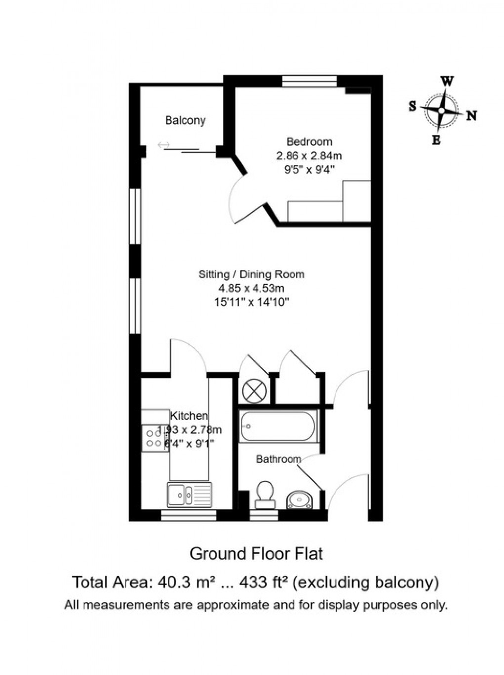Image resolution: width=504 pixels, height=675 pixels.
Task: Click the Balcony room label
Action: tap(185, 120)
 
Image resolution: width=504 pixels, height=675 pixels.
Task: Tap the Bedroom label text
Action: tap(309, 142)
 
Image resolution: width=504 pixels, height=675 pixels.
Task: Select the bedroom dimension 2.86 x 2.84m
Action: tap(309, 156)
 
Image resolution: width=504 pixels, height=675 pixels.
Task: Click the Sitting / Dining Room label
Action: tap(251, 274)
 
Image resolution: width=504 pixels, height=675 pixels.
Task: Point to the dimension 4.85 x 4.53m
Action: tap(251, 288)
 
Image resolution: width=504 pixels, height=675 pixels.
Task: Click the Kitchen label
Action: tap(189, 416)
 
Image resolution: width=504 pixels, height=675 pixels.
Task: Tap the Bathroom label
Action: tap(278, 459)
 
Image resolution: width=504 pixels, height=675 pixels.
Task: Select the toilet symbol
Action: tap(265, 494)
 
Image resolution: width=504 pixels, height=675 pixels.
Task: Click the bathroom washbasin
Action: tap(299, 499)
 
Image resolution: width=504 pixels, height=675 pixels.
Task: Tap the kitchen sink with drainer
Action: tap(189, 494)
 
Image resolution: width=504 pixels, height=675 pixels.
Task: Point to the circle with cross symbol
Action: tap(253, 391)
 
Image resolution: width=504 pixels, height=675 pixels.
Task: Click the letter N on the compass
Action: tap(472, 116)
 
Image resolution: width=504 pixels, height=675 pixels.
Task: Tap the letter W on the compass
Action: tap(447, 81)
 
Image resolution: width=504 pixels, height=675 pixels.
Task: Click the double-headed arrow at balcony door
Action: tap(164, 145)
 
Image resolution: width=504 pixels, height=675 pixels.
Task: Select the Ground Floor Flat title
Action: tap(256, 553)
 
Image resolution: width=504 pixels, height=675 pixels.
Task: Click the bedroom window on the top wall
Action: tap(309, 81)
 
